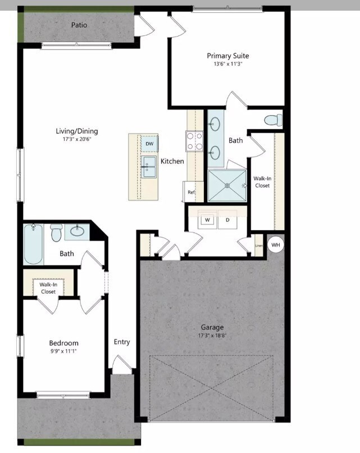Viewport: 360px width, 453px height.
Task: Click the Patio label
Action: [79, 25]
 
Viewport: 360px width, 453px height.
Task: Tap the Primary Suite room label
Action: [227, 56]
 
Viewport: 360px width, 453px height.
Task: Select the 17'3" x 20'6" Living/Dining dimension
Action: [77, 139]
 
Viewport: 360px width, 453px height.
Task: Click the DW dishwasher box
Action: [149, 144]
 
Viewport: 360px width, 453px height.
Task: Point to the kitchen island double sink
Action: [149, 166]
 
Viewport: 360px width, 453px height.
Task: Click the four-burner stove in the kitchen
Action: [194, 141]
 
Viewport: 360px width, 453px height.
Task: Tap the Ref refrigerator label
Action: [191, 192]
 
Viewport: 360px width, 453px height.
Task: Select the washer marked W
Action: [207, 220]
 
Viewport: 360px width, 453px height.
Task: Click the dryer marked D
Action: [228, 220]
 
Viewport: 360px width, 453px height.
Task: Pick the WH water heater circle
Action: [276, 245]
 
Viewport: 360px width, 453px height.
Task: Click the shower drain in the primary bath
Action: [227, 185]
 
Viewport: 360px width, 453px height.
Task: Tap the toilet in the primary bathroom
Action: [273, 120]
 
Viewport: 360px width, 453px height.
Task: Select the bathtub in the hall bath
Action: [34, 245]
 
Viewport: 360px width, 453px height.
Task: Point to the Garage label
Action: [212, 327]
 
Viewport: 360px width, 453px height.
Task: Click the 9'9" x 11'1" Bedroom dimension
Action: [63, 351]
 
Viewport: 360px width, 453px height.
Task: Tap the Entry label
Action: [122, 342]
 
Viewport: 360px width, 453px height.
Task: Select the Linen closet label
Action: [259, 245]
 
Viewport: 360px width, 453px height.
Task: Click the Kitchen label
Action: [172, 161]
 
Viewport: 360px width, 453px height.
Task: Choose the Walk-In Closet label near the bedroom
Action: [48, 288]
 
